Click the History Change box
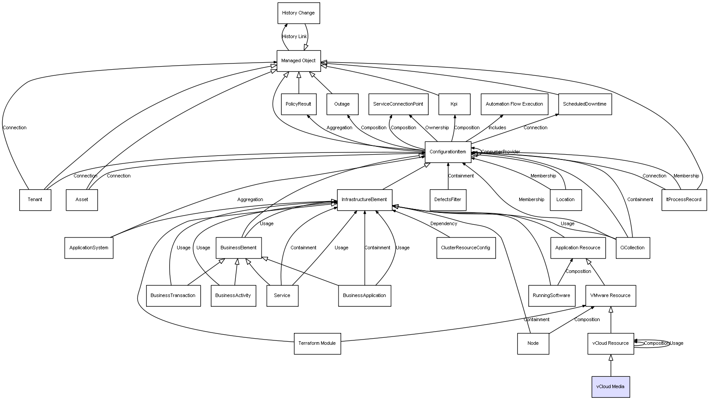pyautogui.click(x=299, y=13)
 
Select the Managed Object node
pyautogui.click(x=298, y=61)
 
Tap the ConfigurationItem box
pyautogui.click(x=448, y=152)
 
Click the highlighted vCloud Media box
pyautogui.click(x=611, y=387)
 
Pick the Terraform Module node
pyautogui.click(x=317, y=343)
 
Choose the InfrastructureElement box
pyautogui.click(x=364, y=200)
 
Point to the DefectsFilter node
pyautogui.click(x=448, y=200)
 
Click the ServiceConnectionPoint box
pyautogui.click(x=398, y=104)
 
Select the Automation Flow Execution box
pyautogui.click(x=514, y=104)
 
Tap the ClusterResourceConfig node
pyautogui.click(x=466, y=248)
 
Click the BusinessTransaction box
pyautogui.click(x=173, y=296)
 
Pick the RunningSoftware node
pyautogui.click(x=552, y=296)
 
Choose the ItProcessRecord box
pyautogui.click(x=684, y=200)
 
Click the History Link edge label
pyautogui.click(x=294, y=37)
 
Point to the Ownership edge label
pyautogui.click(x=437, y=128)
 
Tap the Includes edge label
pyautogui.click(x=497, y=128)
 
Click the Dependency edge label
pyautogui.click(x=444, y=224)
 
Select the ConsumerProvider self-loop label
pyautogui.click(x=501, y=152)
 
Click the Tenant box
pyautogui.click(x=35, y=200)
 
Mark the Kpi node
pyautogui.click(x=454, y=104)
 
